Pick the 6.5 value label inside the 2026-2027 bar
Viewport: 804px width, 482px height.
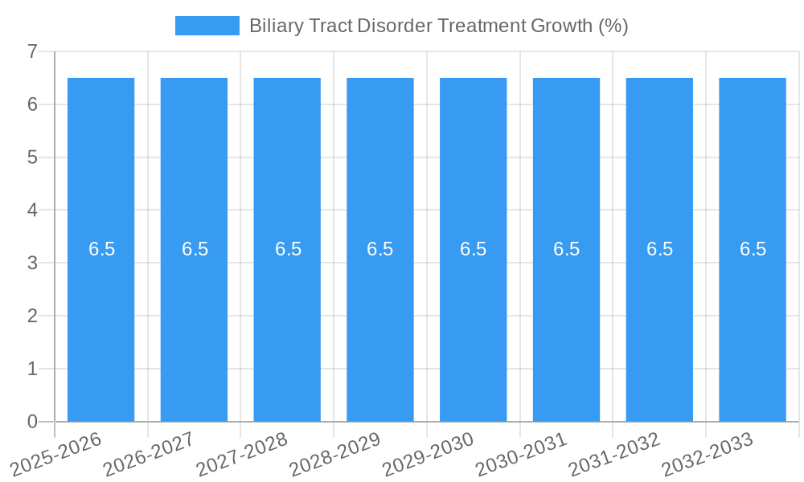coord(195,249)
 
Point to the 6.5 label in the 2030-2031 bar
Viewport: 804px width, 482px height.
coord(566,249)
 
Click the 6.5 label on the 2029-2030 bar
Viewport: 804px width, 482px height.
coord(473,249)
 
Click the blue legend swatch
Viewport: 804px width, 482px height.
coord(207,26)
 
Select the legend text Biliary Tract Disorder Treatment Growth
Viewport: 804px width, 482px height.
coord(438,26)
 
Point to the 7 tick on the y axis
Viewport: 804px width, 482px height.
coord(33,51)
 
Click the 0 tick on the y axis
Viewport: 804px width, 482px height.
coord(33,422)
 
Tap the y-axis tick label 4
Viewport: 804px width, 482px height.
coord(33,210)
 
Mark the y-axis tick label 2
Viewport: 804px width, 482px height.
coord(33,316)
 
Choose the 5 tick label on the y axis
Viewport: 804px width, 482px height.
coord(33,157)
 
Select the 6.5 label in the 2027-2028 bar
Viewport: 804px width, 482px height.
coord(288,249)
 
